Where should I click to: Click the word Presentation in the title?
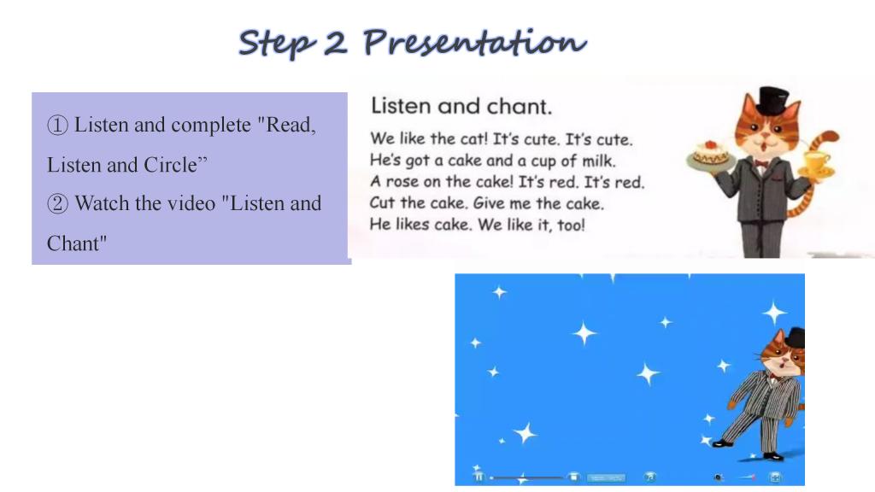pyautogui.click(x=474, y=43)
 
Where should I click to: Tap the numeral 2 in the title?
pyautogui.click(x=335, y=43)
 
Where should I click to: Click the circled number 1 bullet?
pyautogui.click(x=57, y=125)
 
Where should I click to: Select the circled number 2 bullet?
pyautogui.click(x=57, y=203)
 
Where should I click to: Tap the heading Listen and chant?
pyautogui.click(x=461, y=106)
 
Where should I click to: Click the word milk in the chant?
pyautogui.click(x=599, y=161)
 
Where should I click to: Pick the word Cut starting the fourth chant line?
pyautogui.click(x=382, y=203)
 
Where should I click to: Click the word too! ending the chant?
pyautogui.click(x=571, y=225)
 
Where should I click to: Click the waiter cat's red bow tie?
pyautogui.click(x=760, y=163)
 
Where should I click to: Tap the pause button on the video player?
pyautogui.click(x=479, y=477)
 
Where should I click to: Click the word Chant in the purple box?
pyautogui.click(x=76, y=243)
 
